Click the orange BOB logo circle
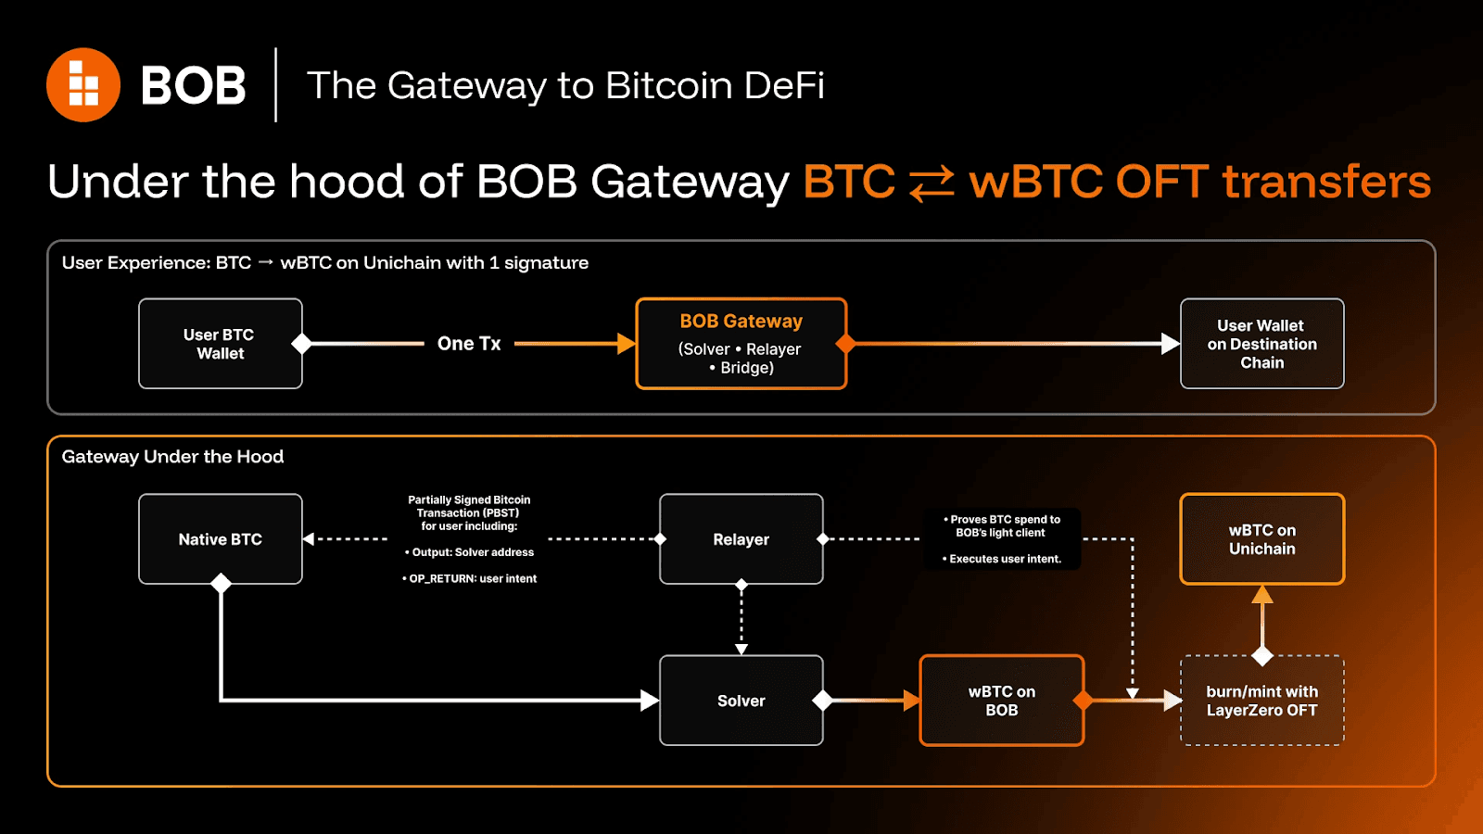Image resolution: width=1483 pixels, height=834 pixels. [x=83, y=85]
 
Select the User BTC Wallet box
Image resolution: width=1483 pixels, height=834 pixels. [x=221, y=344]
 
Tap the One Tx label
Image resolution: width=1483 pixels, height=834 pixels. [x=469, y=344]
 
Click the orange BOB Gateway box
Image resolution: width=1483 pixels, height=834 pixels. [x=741, y=344]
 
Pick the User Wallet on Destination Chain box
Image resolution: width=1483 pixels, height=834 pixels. [x=1261, y=344]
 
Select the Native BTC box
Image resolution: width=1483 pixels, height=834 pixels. [x=221, y=539]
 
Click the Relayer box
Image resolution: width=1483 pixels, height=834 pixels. [x=741, y=539]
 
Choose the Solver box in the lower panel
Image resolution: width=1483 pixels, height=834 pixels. [x=741, y=701]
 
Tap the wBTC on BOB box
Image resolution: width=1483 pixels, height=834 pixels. [x=1002, y=701]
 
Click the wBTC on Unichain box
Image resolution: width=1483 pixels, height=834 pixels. [x=1261, y=539]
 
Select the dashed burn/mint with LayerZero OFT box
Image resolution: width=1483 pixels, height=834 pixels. [x=1261, y=701]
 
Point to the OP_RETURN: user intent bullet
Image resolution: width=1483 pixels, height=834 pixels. [x=470, y=578]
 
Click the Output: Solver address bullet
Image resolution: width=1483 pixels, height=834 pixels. [x=470, y=552]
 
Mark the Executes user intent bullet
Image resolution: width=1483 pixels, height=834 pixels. [x=1002, y=559]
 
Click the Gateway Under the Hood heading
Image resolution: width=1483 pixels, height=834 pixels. [x=172, y=457]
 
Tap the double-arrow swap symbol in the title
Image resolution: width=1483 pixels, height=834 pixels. [x=932, y=183]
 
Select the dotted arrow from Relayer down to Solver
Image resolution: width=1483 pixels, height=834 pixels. [x=741, y=619]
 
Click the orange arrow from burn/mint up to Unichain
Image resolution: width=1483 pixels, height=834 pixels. [x=1261, y=619]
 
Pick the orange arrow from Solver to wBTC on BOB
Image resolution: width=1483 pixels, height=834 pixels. [x=871, y=701]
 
